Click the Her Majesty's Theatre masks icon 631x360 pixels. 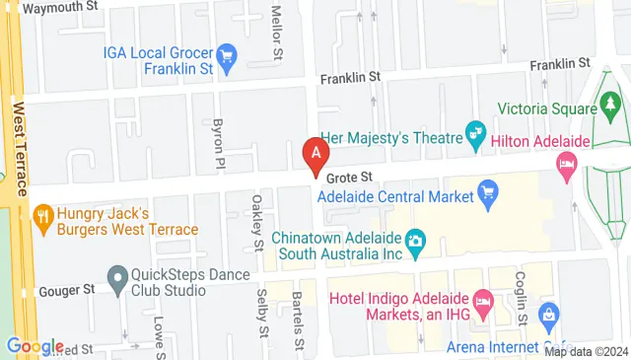pyautogui.click(x=476, y=130)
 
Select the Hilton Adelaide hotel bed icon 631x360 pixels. pyautogui.click(x=566, y=162)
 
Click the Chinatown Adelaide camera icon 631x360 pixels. pyautogui.click(x=416, y=240)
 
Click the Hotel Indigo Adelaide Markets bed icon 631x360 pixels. pyautogui.click(x=483, y=298)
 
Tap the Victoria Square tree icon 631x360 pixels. pyautogui.click(x=610, y=102)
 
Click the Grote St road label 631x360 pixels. pyautogui.click(x=348, y=177)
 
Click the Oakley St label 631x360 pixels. pyautogui.click(x=257, y=223)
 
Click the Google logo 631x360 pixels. pyautogui.click(x=35, y=346)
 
